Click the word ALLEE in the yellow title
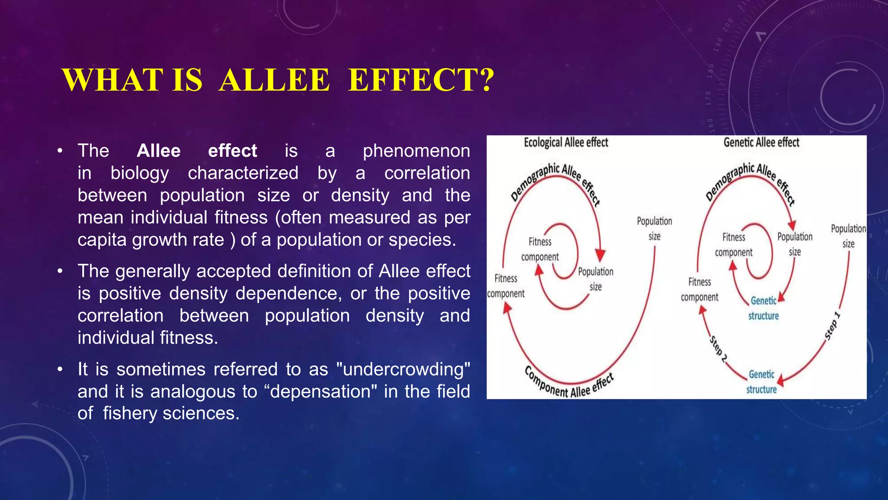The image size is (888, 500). point(274,80)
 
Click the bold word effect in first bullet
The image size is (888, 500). point(232,151)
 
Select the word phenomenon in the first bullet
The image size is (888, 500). point(416,151)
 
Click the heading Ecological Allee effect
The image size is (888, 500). point(566,142)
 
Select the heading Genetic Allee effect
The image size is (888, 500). point(761,142)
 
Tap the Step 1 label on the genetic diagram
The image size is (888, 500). point(832,326)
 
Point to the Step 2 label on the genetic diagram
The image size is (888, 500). point(718,349)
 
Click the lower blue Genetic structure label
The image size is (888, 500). point(761,382)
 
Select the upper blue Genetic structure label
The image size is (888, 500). point(764,308)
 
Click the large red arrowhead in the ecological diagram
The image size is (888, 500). point(600,255)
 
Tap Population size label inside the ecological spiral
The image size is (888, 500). point(595,279)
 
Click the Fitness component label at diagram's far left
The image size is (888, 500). point(506,286)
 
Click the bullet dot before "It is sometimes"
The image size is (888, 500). point(60,369)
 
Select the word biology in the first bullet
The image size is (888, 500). point(139,173)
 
